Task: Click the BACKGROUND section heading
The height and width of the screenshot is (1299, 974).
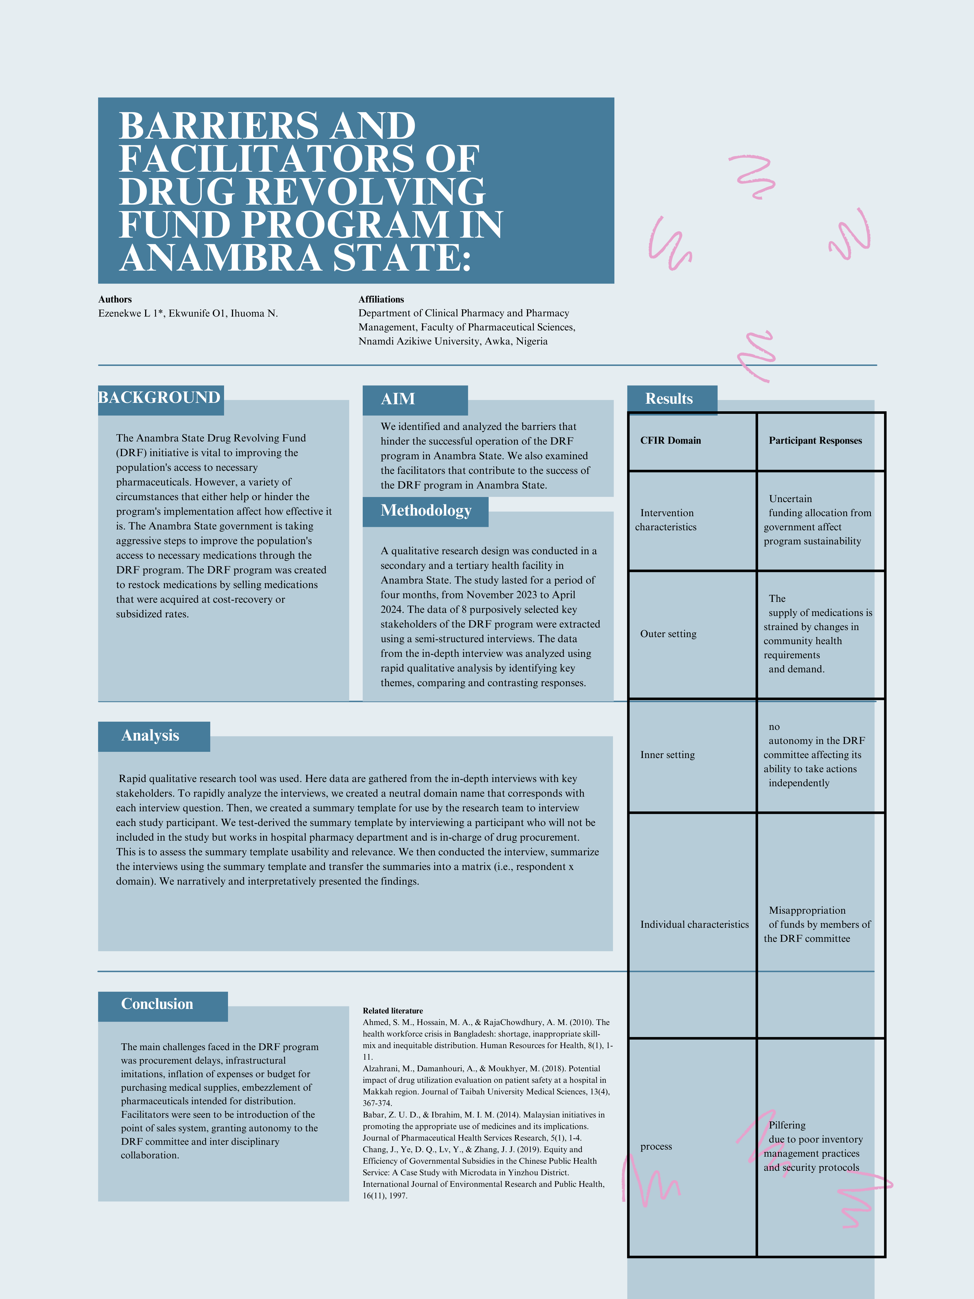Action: tap(159, 398)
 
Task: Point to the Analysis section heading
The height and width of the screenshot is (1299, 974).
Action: tap(150, 736)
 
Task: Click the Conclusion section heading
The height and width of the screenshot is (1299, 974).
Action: tap(157, 1004)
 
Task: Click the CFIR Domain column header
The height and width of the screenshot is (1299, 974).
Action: tap(670, 440)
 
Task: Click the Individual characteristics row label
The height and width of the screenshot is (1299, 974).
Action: tap(694, 924)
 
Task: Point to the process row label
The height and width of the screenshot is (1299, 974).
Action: tap(656, 1146)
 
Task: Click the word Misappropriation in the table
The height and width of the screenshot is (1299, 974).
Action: tap(807, 910)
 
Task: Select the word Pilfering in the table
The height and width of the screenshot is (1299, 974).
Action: tap(787, 1125)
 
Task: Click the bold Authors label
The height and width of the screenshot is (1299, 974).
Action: tap(115, 299)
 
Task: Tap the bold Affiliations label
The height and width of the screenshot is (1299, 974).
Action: tap(381, 299)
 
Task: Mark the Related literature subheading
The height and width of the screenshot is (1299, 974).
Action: tap(393, 1011)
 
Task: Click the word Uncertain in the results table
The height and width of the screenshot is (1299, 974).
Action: tap(790, 499)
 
